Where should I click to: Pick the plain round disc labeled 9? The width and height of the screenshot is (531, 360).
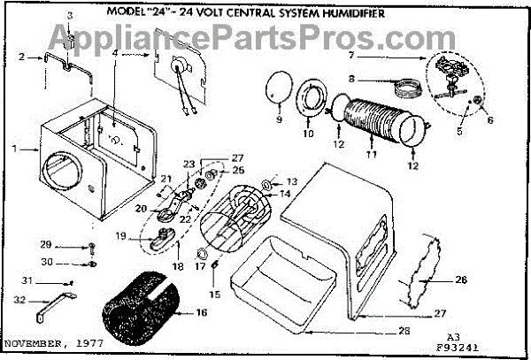[x=279, y=90]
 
